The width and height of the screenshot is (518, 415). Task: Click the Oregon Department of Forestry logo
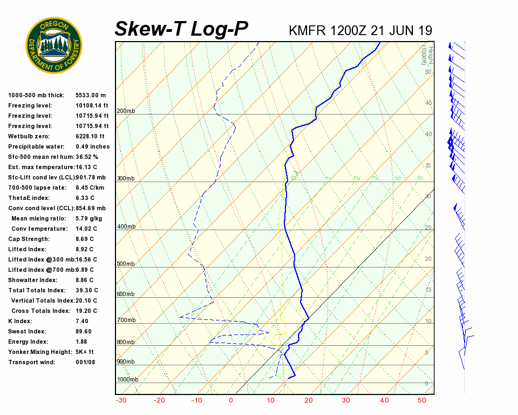point(54,45)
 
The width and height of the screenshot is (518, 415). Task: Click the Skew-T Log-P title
point(181,29)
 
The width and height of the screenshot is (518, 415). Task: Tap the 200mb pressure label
point(126,111)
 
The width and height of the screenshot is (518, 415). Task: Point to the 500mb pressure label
point(126,264)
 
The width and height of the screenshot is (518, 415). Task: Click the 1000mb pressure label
point(127,380)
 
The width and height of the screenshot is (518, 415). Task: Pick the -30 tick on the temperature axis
point(121,400)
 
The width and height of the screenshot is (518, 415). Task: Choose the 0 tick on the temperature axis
point(231,400)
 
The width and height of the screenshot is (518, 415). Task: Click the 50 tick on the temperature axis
point(422,400)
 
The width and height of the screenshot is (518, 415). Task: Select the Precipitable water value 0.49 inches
point(92,146)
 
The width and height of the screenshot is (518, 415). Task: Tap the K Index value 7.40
point(83,321)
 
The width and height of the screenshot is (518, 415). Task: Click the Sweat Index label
point(27,331)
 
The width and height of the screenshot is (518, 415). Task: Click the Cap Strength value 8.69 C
point(84,239)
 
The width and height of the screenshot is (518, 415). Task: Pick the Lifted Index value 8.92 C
point(84,249)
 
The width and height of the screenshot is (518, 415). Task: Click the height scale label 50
point(427,72)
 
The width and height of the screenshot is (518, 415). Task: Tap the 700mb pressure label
point(126,320)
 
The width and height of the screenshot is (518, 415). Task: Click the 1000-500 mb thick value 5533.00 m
point(91,95)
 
